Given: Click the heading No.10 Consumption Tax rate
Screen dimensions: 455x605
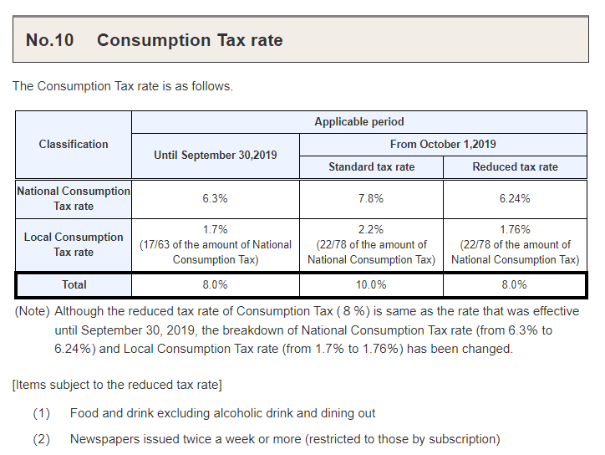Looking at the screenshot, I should point(155,40).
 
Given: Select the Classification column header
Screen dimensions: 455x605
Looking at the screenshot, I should point(74,144).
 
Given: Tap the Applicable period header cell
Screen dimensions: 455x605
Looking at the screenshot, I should point(359,121).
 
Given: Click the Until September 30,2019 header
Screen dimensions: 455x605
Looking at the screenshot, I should point(215,155).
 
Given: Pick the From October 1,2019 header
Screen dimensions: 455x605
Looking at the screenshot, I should point(443,144).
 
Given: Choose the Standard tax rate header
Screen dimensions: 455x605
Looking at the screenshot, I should point(371,166).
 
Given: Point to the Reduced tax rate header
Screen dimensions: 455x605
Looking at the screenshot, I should point(515,166).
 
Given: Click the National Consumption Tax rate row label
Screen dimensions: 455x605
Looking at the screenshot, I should point(74,198).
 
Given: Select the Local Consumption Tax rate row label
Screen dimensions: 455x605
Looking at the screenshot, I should point(74,244).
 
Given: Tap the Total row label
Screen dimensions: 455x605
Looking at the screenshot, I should point(74,284).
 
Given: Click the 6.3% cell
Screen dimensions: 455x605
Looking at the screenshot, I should point(215,198).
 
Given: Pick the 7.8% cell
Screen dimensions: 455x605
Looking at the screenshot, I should point(371,198).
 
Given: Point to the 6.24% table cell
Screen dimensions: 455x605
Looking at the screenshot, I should point(515,198).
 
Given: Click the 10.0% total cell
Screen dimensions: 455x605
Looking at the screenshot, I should point(371,284).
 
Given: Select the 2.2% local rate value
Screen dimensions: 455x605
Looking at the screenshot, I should point(371,229).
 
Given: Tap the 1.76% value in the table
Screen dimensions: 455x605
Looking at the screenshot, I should point(515,229).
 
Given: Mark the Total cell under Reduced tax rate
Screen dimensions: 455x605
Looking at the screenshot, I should point(515,284).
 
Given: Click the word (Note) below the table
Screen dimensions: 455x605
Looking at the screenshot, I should point(32,311).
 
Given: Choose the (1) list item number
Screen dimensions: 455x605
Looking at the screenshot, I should point(42,413).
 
